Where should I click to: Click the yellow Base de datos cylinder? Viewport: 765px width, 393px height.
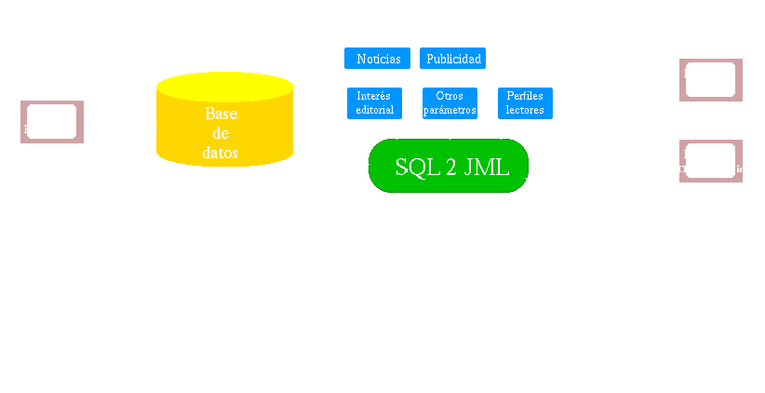click(222, 121)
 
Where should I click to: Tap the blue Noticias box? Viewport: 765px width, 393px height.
click(378, 59)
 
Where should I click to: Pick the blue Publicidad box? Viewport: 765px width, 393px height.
click(453, 59)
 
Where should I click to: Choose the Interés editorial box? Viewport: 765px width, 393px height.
click(374, 102)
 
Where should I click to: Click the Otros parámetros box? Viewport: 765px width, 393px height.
click(450, 102)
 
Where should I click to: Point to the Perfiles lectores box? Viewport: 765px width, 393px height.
click(525, 102)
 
